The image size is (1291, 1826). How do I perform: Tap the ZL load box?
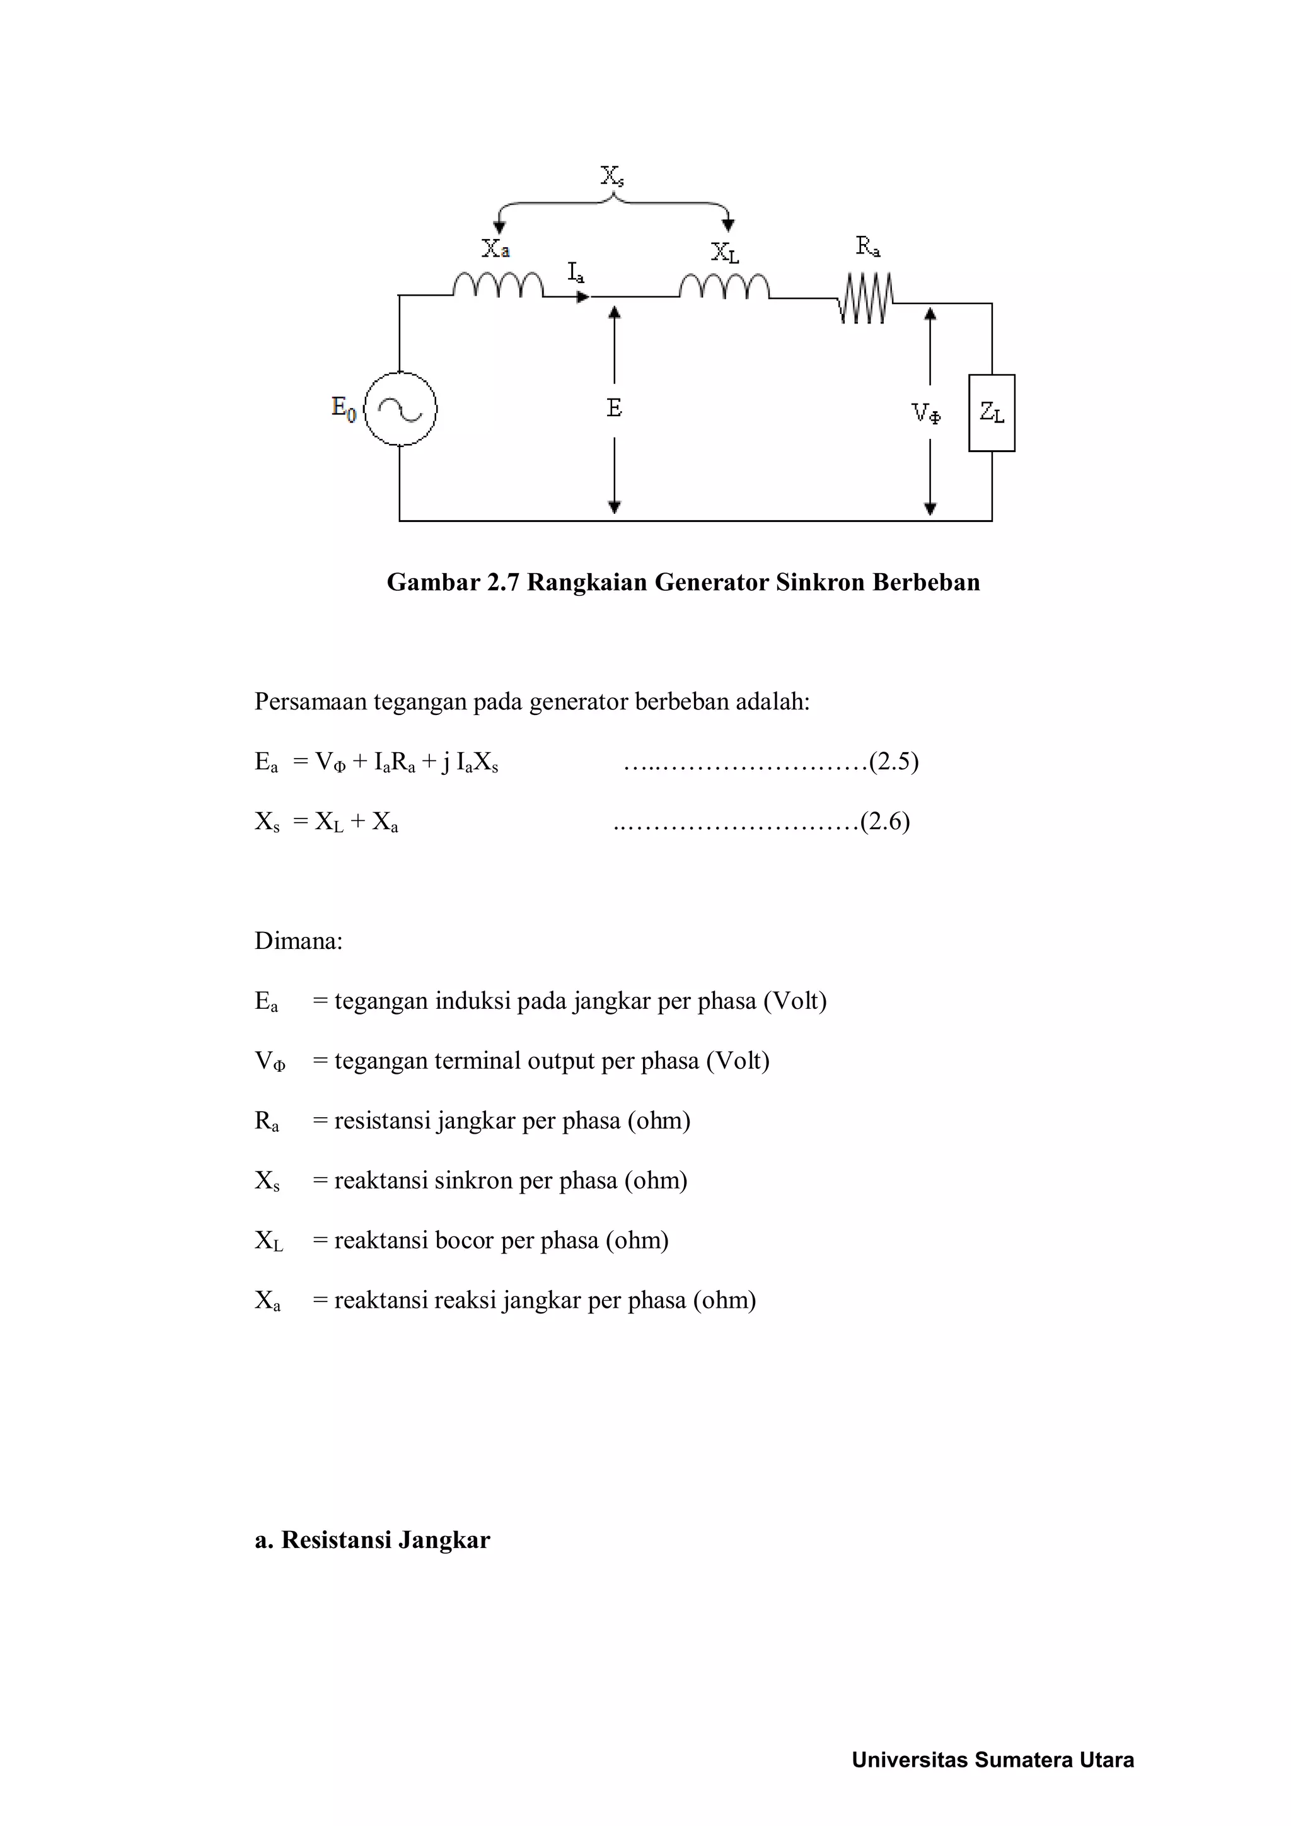coord(992,413)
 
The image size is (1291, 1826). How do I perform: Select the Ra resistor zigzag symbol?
coord(865,299)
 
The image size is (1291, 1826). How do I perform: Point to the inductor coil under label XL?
coord(724,286)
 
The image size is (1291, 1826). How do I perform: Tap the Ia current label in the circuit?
coord(576,273)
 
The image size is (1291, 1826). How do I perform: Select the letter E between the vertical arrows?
coord(614,408)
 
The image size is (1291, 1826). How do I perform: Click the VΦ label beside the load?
coord(925,413)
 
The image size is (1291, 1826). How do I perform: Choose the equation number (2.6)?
coord(885,821)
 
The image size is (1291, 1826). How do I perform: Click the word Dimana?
coord(298,941)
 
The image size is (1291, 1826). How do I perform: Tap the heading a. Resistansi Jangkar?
coord(372,1540)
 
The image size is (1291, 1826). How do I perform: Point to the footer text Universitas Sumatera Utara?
coord(992,1760)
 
